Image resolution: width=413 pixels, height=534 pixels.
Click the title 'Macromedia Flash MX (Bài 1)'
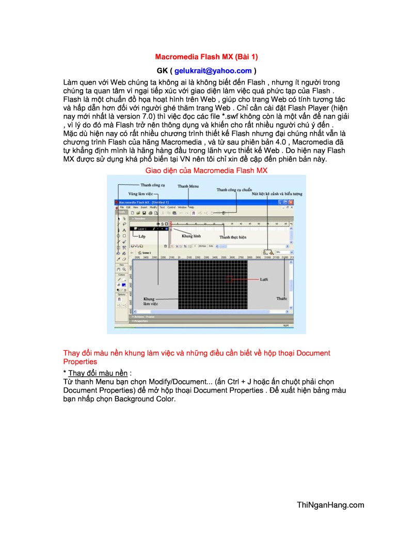[x=206, y=56]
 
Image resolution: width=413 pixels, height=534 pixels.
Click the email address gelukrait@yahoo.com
[x=213, y=71]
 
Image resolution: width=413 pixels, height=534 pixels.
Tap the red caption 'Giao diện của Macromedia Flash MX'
[x=206, y=170]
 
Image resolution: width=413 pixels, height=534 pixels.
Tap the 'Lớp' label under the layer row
[x=142, y=236]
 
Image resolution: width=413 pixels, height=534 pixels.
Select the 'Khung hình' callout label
[x=190, y=236]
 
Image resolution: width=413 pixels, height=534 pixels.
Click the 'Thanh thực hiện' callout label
[x=232, y=237]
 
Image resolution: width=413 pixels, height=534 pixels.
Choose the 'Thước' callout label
[x=281, y=299]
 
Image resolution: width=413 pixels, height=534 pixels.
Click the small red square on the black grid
[x=229, y=279]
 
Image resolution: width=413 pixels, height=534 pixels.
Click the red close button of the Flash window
[x=291, y=203]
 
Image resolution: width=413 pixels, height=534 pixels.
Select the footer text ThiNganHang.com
[x=330, y=505]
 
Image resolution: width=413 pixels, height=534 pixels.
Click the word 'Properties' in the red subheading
[x=80, y=362]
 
